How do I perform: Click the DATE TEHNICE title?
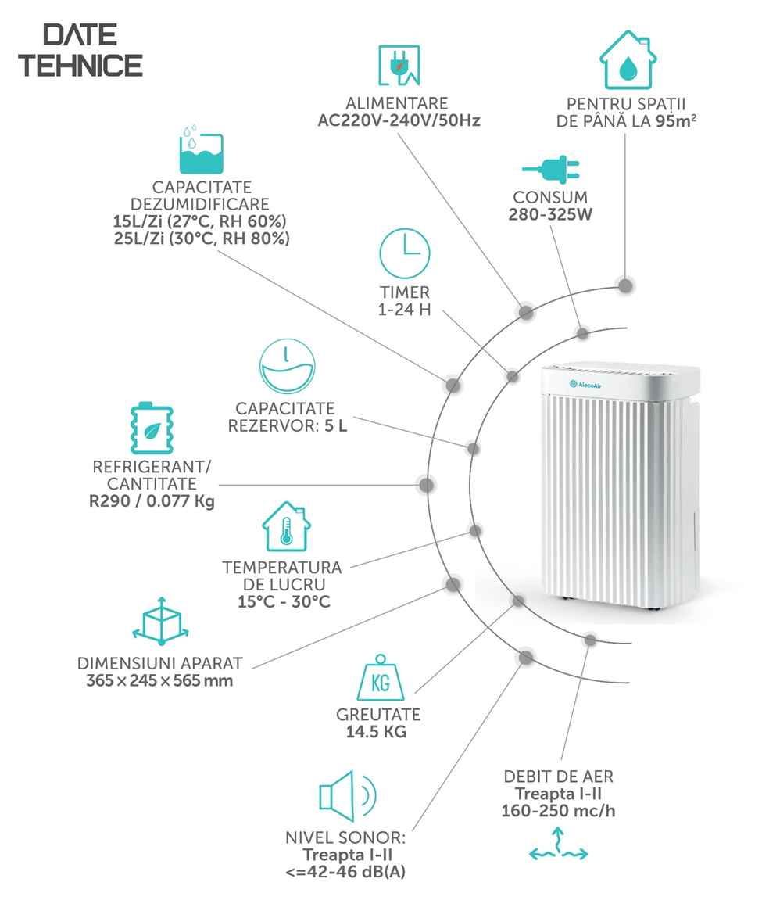point(80,50)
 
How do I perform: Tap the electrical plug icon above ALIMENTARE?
point(399,65)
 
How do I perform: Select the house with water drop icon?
point(628,59)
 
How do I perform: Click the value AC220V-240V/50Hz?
point(399,121)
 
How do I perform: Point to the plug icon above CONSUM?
point(550,170)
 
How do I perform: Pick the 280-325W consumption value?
point(550,214)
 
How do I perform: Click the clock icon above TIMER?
point(405,253)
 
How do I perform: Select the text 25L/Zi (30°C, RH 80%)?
point(202,239)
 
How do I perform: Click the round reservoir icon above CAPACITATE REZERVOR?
point(288,367)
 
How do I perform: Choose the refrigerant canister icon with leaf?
point(152,429)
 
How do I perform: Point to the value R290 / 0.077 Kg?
point(152,501)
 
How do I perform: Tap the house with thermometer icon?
point(286,526)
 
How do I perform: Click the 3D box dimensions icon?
point(161,621)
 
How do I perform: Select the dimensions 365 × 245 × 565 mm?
point(159,680)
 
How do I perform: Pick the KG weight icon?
point(381,677)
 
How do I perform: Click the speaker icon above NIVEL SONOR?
point(348,796)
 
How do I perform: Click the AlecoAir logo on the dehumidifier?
point(585,385)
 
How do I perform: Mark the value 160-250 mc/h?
point(558,810)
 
